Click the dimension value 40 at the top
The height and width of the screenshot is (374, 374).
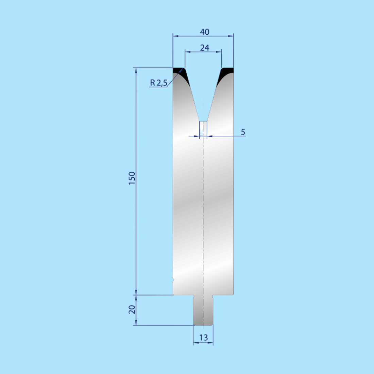click(205, 32)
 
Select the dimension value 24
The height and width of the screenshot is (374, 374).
click(205, 48)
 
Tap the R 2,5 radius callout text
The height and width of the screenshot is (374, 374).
click(159, 83)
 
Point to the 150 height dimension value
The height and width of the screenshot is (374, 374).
click(132, 178)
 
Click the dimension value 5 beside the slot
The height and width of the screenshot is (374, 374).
click(243, 132)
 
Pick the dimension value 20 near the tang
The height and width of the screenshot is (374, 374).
click(132, 310)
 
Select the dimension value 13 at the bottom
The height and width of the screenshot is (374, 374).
click(203, 338)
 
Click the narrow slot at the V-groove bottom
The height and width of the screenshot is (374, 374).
click(203, 128)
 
